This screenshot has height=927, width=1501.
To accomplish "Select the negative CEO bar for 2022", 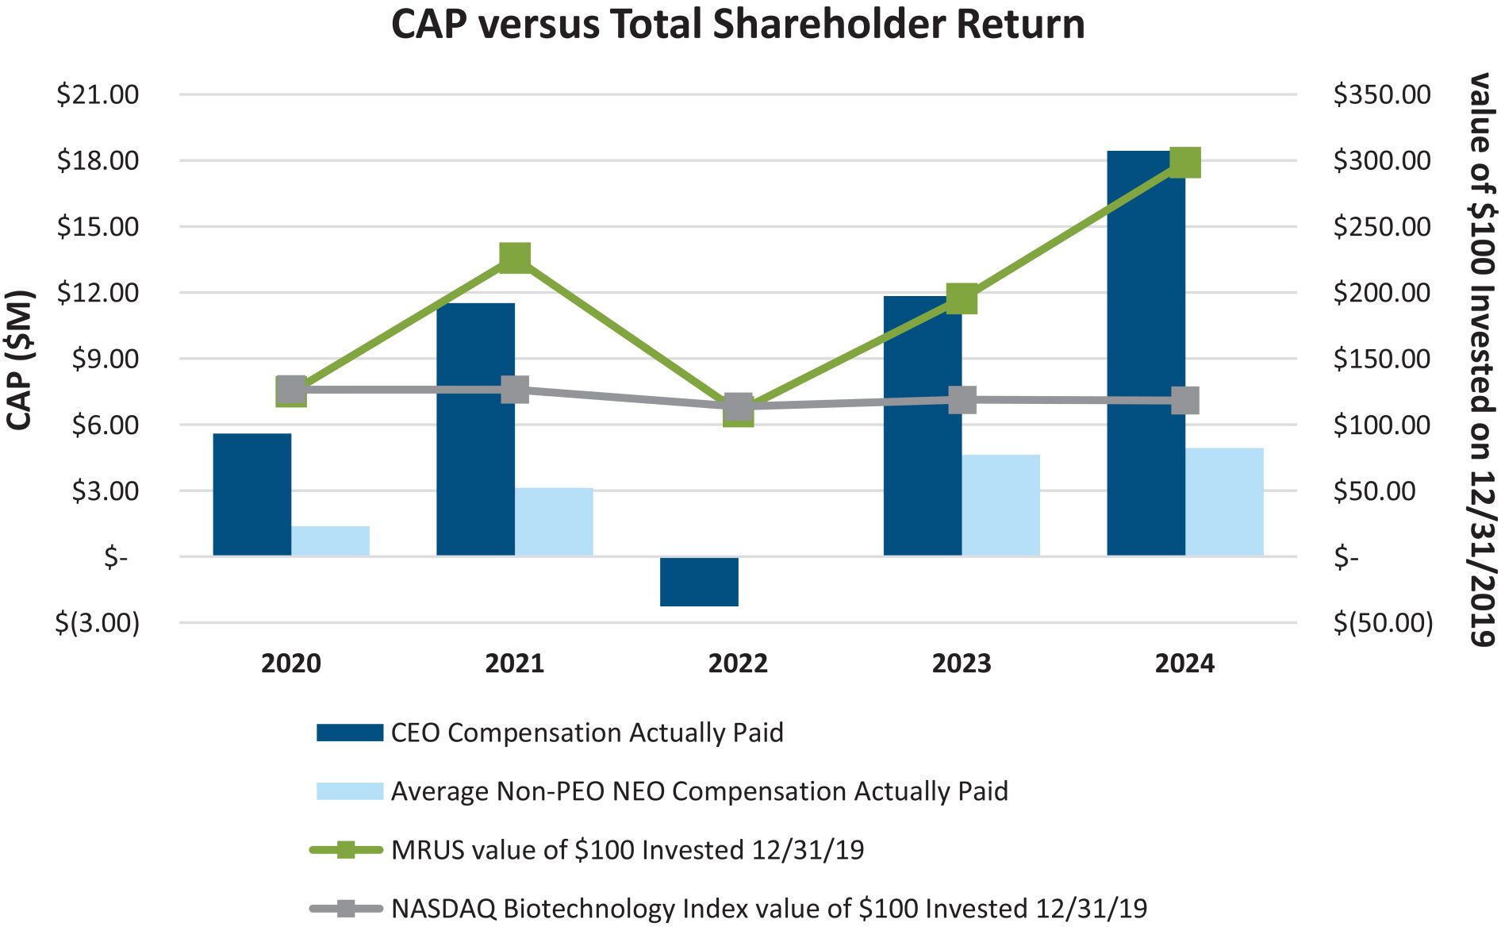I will (699, 582).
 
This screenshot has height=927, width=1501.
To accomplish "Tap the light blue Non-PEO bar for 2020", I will (330, 540).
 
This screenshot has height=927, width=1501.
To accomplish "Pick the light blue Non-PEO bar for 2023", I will (1000, 505).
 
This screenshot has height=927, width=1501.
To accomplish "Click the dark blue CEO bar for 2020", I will (252, 494).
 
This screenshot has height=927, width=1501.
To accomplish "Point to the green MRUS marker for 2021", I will (515, 258).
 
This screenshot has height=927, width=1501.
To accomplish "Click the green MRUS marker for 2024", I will (1184, 163).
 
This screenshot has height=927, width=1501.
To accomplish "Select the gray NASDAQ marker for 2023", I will (962, 400).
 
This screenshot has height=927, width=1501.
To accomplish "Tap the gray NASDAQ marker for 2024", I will (1184, 401).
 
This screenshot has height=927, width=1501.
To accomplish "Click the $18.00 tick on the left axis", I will (98, 160).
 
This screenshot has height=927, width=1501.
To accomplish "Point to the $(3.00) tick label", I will (97, 623).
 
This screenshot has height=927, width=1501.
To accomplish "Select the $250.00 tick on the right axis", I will (1381, 227).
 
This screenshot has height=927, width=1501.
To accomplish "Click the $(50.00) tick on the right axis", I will (1383, 623).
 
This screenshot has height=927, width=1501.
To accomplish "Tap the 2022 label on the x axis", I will (738, 664).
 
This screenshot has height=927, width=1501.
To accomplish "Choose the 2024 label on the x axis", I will (1184, 664).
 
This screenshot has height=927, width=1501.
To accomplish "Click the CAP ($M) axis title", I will (19, 360).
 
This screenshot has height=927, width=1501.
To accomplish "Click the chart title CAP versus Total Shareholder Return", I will (738, 24).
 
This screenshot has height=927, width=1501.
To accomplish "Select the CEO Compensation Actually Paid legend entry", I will (586, 733).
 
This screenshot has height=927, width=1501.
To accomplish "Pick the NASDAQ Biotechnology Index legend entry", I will (769, 908).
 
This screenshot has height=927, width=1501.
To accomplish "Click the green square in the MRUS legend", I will (346, 850).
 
